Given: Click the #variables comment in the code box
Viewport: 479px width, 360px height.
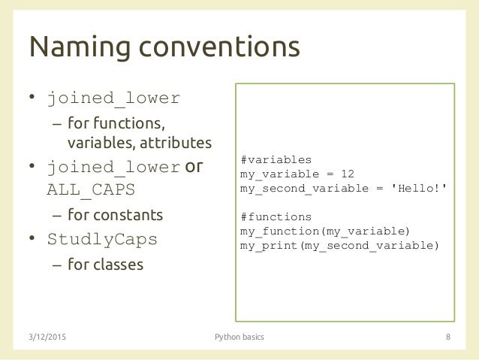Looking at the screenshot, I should coord(275,160).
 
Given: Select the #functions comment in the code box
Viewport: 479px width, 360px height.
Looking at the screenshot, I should coord(275,215).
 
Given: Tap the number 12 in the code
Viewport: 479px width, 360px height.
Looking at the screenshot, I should coord(357,174).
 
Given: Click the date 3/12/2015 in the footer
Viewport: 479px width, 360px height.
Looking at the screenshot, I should coord(54,337).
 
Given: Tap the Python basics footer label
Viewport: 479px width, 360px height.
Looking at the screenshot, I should coord(239,337).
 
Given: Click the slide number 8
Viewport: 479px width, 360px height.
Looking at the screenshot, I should coord(447,337).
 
